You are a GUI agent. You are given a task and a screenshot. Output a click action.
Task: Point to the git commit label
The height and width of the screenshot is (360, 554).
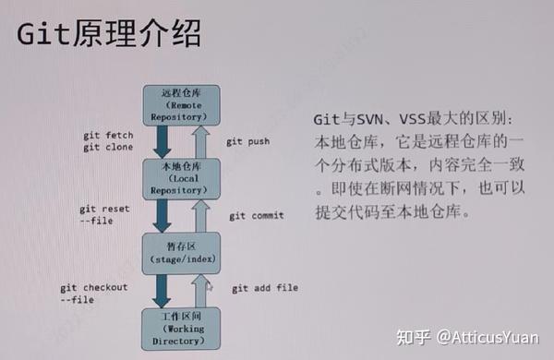click(x=257, y=215)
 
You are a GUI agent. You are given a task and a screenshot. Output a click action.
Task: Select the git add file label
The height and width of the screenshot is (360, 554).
click(x=265, y=288)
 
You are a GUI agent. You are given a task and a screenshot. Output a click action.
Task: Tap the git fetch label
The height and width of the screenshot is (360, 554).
click(x=107, y=135)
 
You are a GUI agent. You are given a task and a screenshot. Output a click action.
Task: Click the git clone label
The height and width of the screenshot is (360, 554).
click(x=107, y=148)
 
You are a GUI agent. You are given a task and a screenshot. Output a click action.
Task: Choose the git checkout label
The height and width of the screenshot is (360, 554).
click(x=94, y=287)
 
